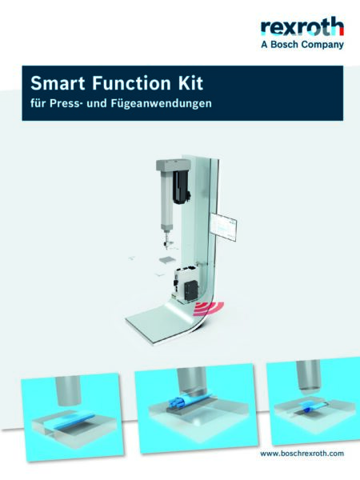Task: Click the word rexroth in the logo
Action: click(x=302, y=28)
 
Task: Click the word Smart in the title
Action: click(x=54, y=82)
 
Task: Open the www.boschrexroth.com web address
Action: click(x=302, y=454)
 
